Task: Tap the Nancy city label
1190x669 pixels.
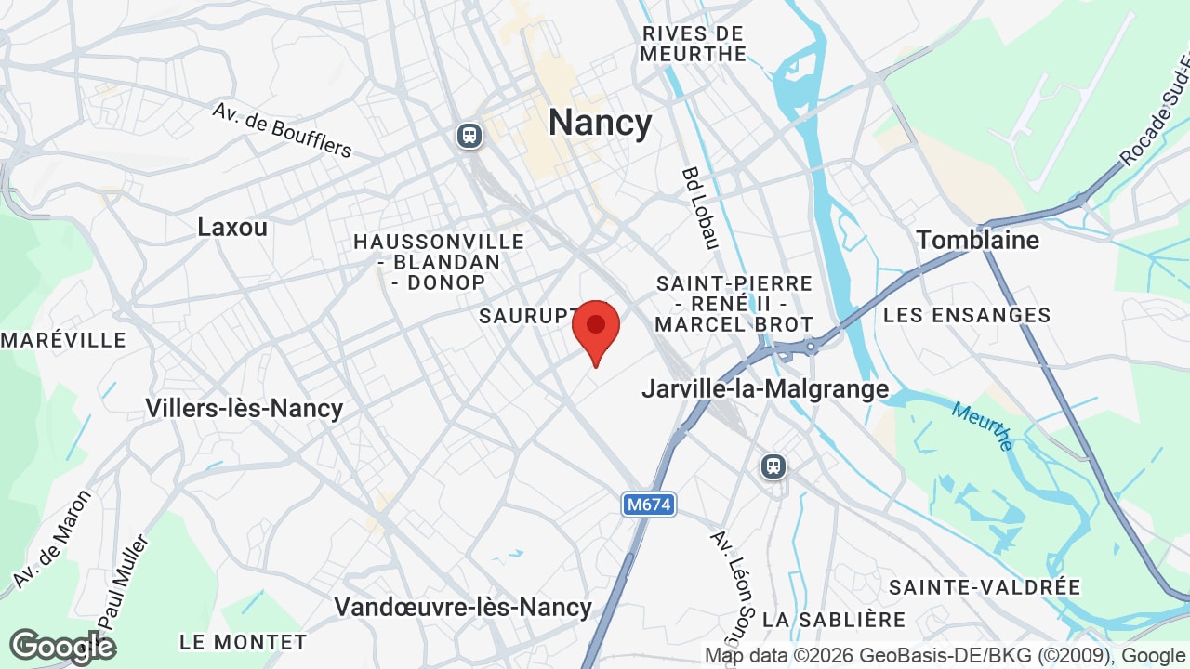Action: [600, 123]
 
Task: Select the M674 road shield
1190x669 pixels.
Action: [648, 505]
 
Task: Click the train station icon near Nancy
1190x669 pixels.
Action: [469, 136]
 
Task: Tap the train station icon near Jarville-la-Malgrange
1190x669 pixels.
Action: [773, 466]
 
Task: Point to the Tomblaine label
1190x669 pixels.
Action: [977, 240]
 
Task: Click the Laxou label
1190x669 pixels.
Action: [232, 227]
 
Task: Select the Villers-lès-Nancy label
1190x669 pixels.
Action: [245, 408]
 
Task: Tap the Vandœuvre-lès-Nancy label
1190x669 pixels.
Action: [463, 607]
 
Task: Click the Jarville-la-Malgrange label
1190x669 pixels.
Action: [765, 388]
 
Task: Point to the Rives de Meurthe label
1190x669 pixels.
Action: [694, 44]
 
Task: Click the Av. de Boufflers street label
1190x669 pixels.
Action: [282, 129]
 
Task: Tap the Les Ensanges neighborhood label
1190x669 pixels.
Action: [967, 315]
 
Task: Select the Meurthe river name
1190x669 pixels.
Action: [983, 426]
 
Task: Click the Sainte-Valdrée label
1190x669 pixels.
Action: [985, 587]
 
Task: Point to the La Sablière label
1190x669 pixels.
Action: [834, 619]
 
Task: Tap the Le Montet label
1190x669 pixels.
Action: [243, 642]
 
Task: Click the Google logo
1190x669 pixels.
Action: [62, 647]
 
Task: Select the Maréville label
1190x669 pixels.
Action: [63, 340]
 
